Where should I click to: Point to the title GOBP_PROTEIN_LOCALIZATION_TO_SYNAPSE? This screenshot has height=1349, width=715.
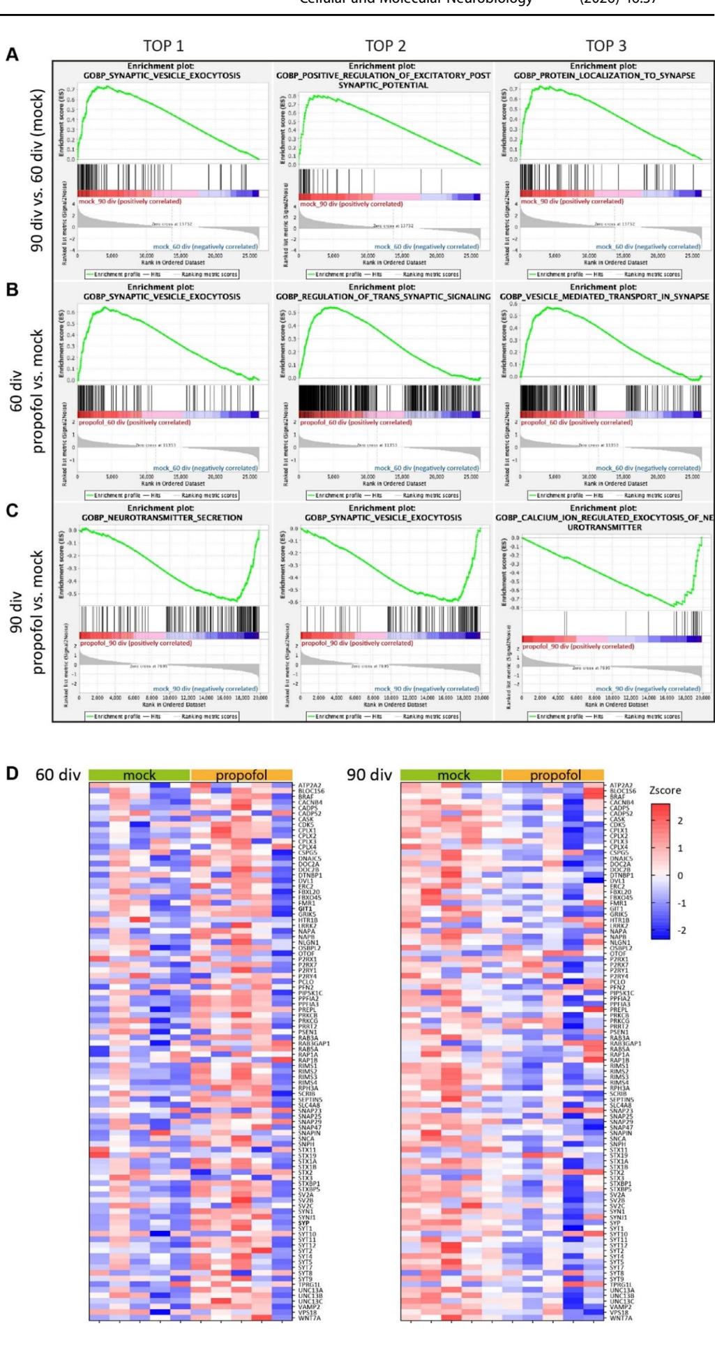(x=605, y=75)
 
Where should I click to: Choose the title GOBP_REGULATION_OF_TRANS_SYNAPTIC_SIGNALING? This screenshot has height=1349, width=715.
(x=384, y=297)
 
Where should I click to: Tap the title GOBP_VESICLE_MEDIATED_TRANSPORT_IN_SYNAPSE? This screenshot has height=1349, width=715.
(x=605, y=297)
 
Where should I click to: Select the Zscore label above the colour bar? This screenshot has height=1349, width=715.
(x=664, y=791)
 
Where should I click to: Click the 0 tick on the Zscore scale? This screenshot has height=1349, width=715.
(x=680, y=875)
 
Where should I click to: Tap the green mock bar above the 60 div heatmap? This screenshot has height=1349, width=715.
(x=140, y=775)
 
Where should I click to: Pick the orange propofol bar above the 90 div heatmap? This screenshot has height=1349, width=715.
(x=554, y=775)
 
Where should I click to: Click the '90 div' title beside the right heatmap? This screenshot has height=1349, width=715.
(x=370, y=775)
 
